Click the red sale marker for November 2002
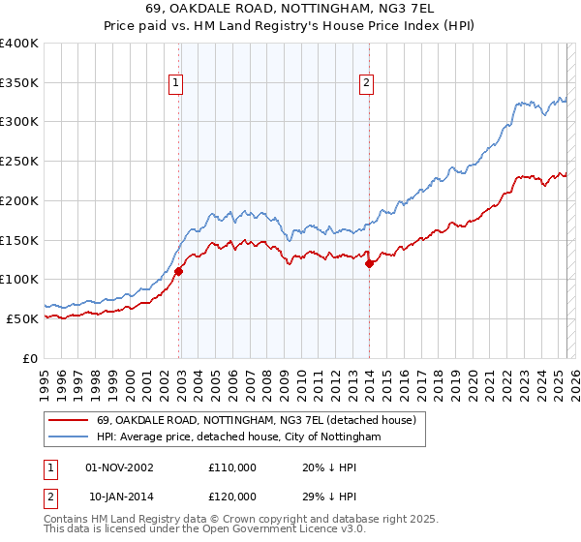coord(179,272)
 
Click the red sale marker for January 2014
coord(370,264)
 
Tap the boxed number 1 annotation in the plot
coord(175,84)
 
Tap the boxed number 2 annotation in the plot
coord(367,84)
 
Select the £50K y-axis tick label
coord(23,318)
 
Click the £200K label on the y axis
coord(19,200)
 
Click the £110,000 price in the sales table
coord(232,467)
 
